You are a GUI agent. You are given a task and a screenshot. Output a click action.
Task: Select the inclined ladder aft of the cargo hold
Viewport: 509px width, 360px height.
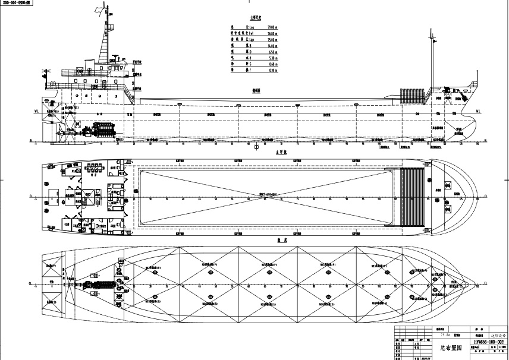(x=131, y=95)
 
